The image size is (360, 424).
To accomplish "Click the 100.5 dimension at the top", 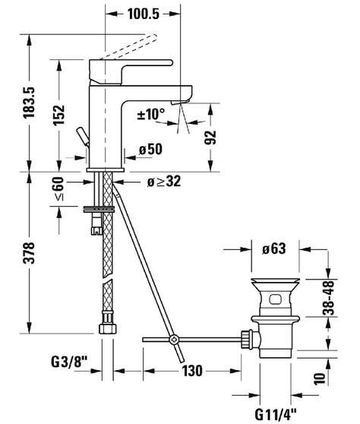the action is [x=144, y=14].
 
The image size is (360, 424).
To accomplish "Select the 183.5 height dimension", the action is [x=29, y=103].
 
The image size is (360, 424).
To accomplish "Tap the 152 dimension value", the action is [x=59, y=115].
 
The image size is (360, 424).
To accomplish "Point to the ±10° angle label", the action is [x=151, y=114].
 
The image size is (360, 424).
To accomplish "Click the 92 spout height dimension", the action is [x=210, y=138].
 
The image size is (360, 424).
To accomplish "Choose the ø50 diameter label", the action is [x=150, y=149].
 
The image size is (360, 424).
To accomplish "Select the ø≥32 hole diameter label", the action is [x=164, y=182].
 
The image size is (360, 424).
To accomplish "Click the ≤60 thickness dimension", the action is [x=59, y=188].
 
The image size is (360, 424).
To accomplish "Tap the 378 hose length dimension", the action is [x=29, y=253].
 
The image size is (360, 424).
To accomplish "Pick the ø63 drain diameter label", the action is [x=273, y=248].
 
